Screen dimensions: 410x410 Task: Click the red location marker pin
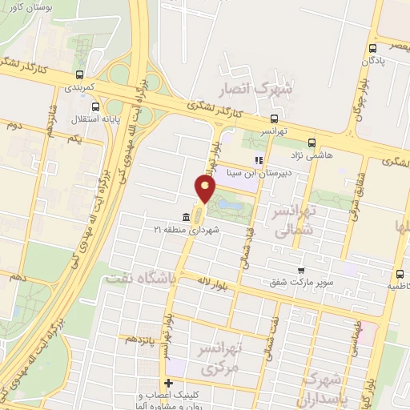click(206, 189)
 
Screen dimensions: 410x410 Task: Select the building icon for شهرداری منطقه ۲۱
click(186, 217)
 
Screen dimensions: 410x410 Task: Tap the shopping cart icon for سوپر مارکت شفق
click(301, 271)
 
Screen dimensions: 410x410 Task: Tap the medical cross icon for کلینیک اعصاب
click(167, 384)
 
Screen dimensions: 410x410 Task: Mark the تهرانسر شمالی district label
click(294, 220)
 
